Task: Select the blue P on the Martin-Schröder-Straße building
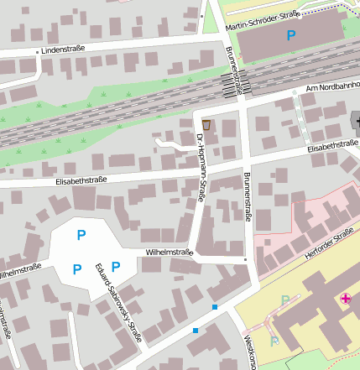tap(291, 36)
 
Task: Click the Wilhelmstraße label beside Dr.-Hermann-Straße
tap(170, 252)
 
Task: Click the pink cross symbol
tap(346, 299)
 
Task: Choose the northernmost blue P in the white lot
tap(81, 234)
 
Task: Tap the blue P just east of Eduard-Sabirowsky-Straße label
tap(116, 267)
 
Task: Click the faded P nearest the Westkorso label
tap(274, 341)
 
